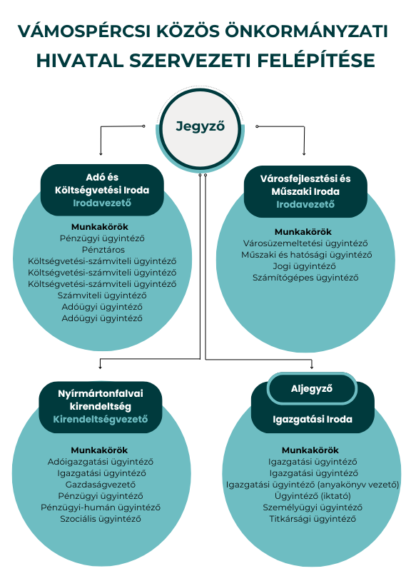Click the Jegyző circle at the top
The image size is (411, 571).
[201, 128]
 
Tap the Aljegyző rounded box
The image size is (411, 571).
[312, 389]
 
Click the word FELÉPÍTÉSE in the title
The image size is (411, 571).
[316, 61]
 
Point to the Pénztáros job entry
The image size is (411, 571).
[103, 250]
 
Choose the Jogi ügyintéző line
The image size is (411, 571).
[305, 266]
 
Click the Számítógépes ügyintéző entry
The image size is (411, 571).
[305, 278]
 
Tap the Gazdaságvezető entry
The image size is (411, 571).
[101, 485]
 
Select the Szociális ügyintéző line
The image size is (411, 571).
[101, 519]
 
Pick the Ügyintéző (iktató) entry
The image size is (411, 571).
[313, 496]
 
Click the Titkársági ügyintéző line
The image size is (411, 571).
[313, 519]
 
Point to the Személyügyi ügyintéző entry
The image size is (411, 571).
[313, 507]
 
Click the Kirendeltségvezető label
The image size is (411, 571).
[101, 419]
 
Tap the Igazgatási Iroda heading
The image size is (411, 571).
[313, 419]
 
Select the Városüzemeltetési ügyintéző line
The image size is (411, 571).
[305, 243]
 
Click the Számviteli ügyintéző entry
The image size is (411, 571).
[102, 295]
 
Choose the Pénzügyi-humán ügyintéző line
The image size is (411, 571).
[101, 507]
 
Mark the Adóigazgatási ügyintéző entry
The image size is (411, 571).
[101, 462]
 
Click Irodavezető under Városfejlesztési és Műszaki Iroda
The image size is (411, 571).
[305, 205]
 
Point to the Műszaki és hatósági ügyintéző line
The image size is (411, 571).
[307, 255]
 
